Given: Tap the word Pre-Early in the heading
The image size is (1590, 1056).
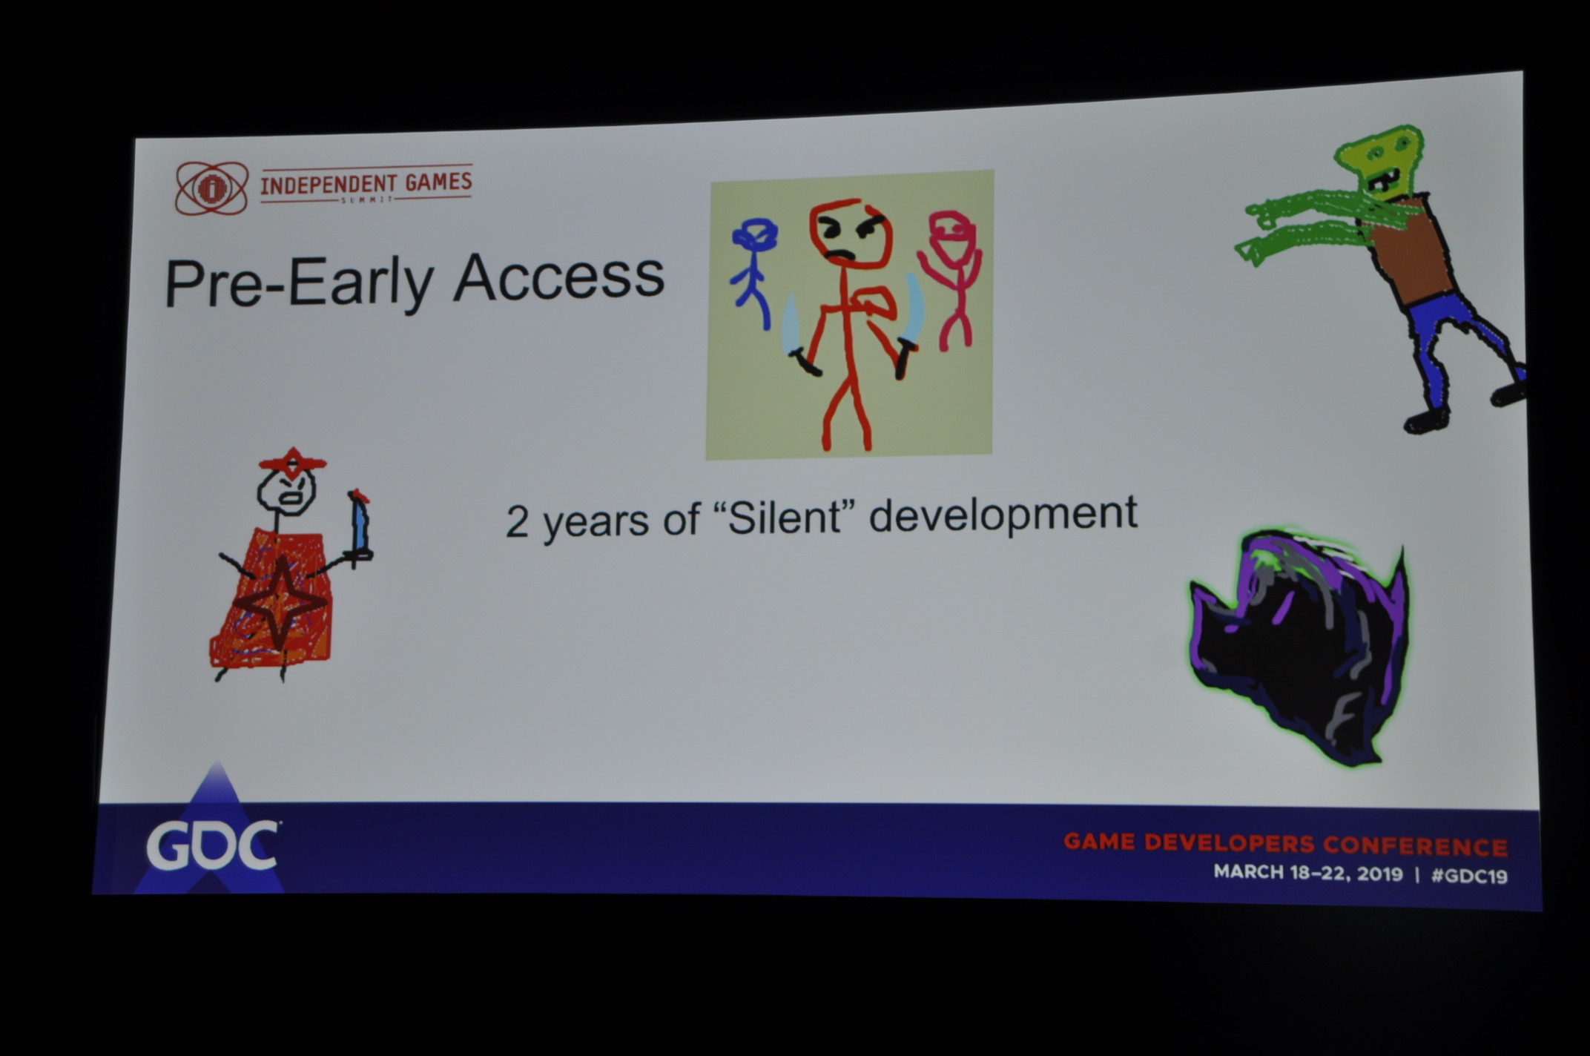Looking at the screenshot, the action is (x=298, y=283).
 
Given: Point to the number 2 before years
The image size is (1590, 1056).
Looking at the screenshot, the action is (x=517, y=522).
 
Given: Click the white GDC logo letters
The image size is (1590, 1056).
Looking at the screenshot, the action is (x=212, y=845).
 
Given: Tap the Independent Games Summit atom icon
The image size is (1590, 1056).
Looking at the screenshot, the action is (x=211, y=188).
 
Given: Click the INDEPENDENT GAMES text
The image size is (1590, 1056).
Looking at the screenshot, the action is (x=366, y=183).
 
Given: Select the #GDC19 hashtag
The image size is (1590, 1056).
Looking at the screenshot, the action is (x=1469, y=876).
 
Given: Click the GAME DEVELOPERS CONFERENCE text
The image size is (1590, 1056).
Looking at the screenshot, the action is (x=1285, y=845).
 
